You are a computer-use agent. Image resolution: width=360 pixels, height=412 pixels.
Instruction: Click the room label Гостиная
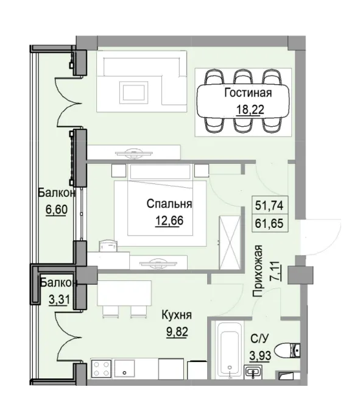tap(247, 93)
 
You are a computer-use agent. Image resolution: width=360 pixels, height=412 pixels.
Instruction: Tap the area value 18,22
tap(247, 110)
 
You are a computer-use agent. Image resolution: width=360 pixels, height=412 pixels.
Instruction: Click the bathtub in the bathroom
tap(229, 352)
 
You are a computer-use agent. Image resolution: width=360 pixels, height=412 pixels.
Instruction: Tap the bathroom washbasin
tap(253, 371)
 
